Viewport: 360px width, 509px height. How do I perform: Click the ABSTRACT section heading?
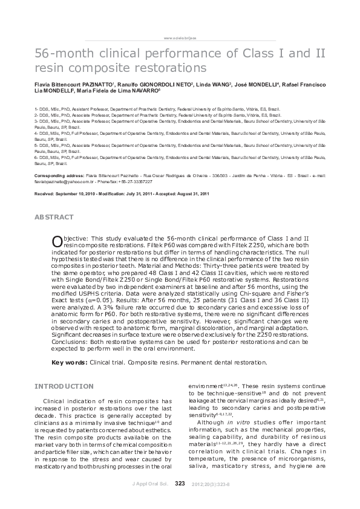[x=54, y=217]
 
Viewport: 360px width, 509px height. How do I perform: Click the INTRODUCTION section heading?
[x=64, y=386]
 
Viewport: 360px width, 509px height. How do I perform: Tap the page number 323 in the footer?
[x=180, y=484]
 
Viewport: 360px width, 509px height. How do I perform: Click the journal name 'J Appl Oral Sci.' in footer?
[x=149, y=484]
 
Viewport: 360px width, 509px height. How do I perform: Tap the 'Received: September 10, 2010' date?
[x=71, y=193]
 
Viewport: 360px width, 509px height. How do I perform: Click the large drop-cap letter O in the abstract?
[x=57, y=241]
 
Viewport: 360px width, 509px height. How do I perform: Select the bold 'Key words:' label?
[x=69, y=363]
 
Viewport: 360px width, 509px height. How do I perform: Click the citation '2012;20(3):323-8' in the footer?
[x=211, y=484]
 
